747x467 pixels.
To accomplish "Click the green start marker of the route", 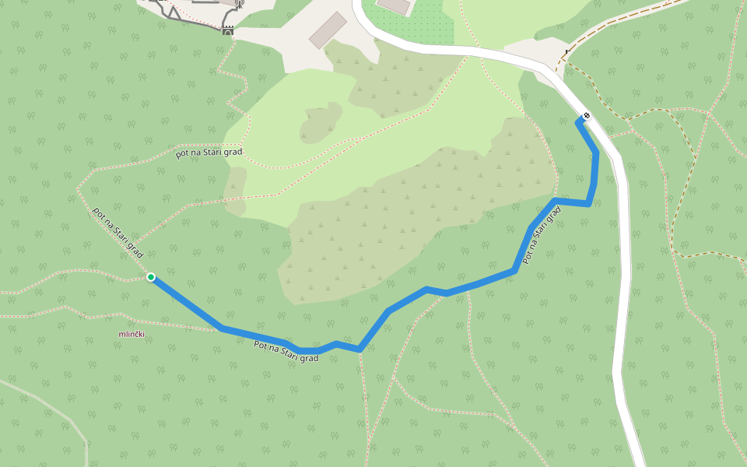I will [x=151, y=277].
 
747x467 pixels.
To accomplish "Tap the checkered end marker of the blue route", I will [x=587, y=117].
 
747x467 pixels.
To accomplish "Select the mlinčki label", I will [x=132, y=334].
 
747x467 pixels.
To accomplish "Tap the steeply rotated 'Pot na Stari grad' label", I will [x=542, y=238].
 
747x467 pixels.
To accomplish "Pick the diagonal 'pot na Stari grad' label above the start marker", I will [x=118, y=233].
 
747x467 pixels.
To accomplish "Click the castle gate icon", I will [x=228, y=30].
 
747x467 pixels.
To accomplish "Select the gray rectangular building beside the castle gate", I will [x=328, y=30].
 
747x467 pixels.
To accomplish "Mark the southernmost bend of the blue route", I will [x=359, y=349].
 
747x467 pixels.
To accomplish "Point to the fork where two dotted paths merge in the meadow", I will [x=359, y=140].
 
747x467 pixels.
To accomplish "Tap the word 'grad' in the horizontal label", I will [x=231, y=152].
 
